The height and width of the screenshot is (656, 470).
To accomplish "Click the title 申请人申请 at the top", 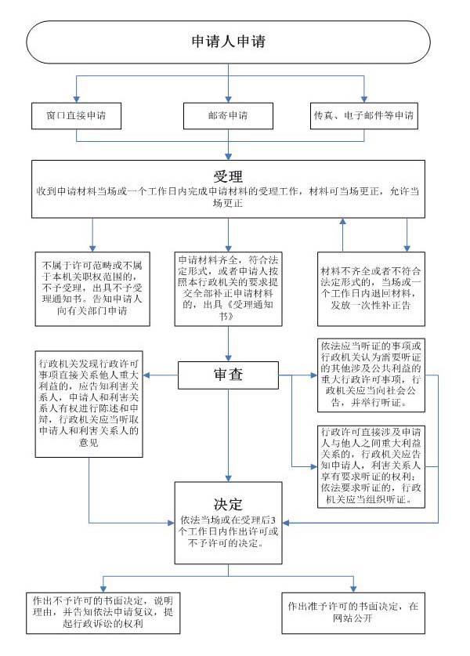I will pyautogui.click(x=229, y=41).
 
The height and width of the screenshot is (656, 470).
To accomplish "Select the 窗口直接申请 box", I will pyautogui.click(x=77, y=115).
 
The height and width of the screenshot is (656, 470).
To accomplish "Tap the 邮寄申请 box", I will pyautogui.click(x=228, y=115).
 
